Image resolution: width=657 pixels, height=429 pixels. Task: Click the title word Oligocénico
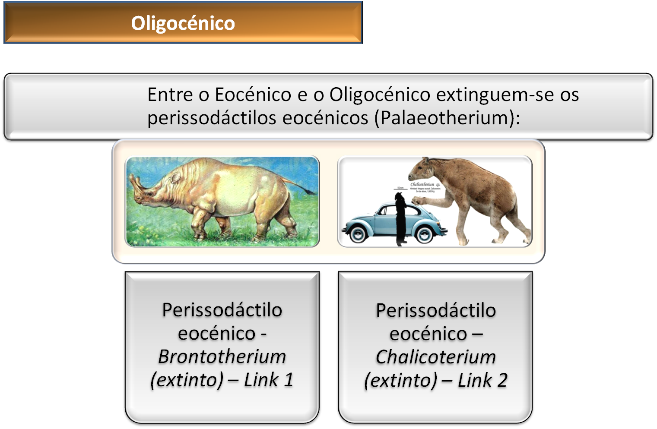tap(183, 23)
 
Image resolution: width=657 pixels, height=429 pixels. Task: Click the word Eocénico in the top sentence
tap(253, 95)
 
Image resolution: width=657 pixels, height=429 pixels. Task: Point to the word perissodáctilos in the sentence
tap(211, 118)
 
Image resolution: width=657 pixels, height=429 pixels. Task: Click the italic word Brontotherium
tap(222, 356)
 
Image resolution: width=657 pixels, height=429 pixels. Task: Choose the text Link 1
tap(269, 380)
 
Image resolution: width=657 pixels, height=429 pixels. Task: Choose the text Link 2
tap(482, 380)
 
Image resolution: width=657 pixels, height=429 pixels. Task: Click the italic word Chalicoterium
tap(435, 357)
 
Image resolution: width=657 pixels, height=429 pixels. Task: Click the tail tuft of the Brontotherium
tap(310, 190)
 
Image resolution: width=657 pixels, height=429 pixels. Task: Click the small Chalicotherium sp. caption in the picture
tap(425, 184)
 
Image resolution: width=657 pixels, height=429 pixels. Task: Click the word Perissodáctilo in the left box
tap(222, 310)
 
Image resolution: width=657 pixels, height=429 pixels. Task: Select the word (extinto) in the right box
tap(400, 380)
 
